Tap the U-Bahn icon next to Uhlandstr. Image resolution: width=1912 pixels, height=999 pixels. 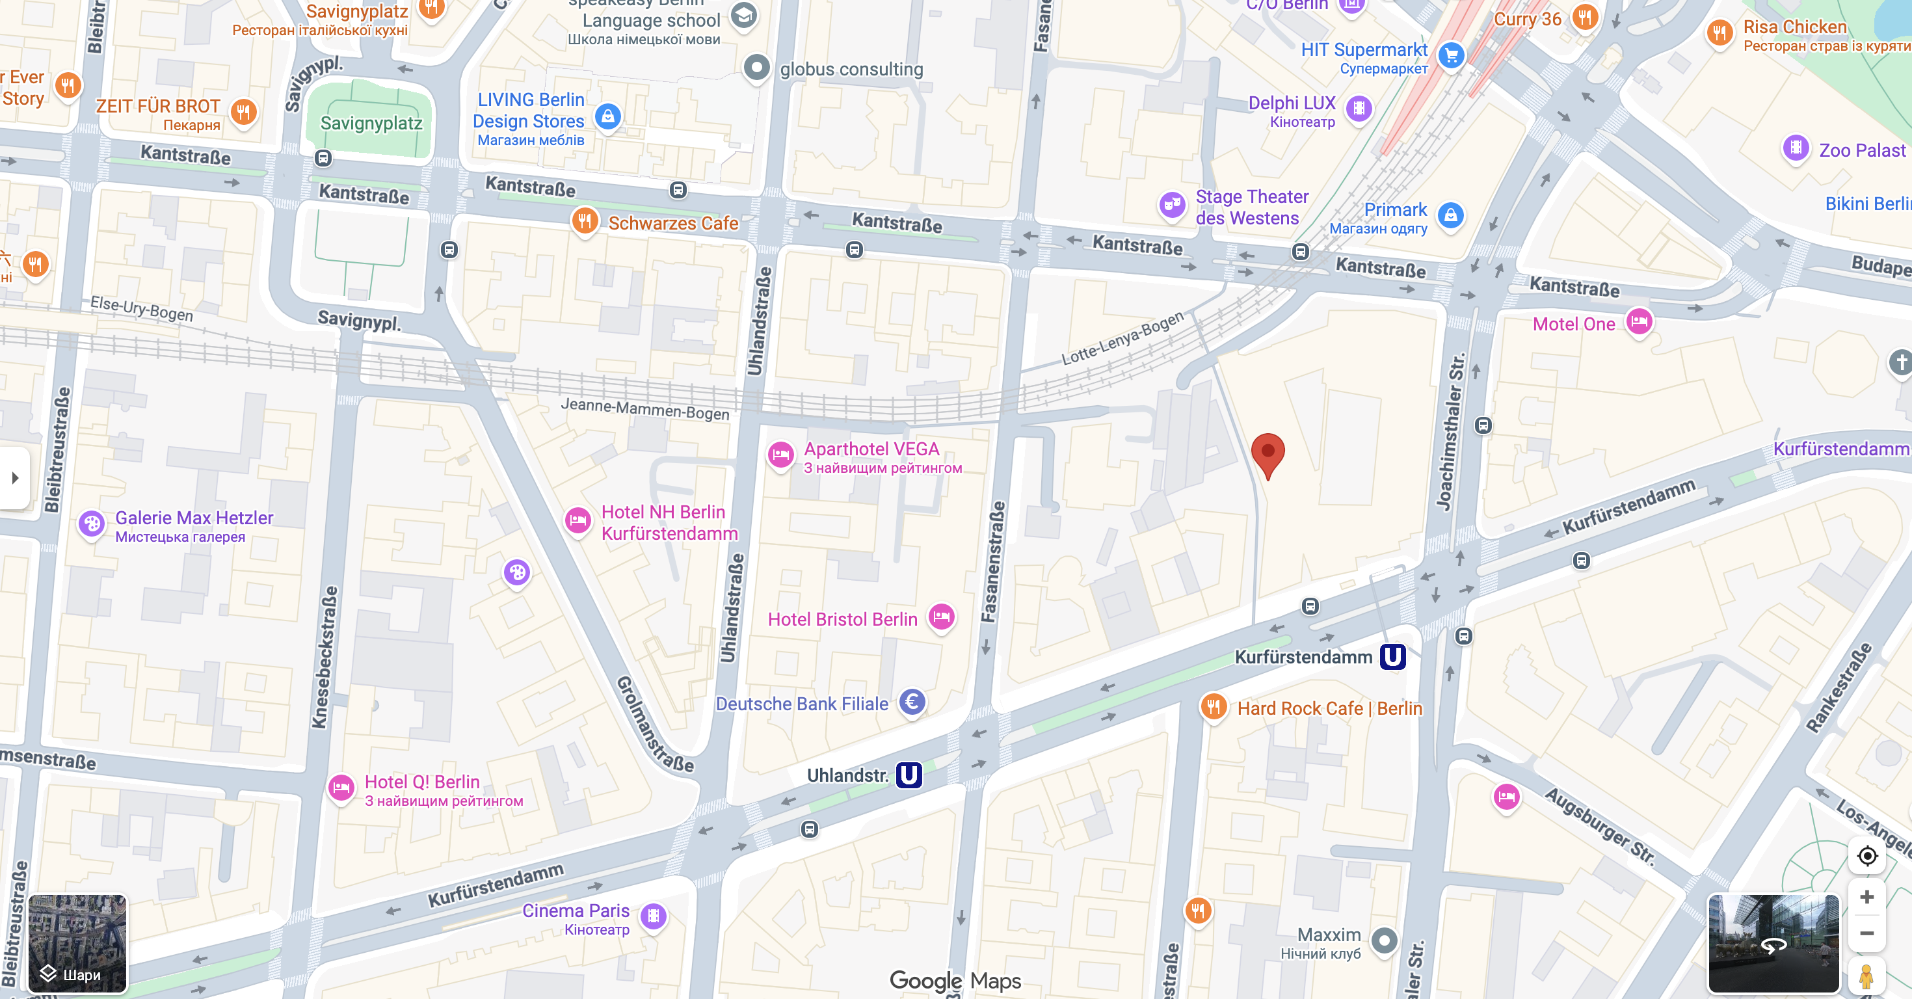[909, 775]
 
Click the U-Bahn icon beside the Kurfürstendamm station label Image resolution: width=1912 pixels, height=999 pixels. [1392, 657]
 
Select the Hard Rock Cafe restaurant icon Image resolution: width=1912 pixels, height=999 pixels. [1214, 708]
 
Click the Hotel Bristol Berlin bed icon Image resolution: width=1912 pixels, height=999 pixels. [942, 617]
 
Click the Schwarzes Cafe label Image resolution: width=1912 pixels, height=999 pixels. [672, 222]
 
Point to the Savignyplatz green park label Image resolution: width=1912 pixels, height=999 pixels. [371, 123]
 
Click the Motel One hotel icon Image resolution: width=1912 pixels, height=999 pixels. [1639, 322]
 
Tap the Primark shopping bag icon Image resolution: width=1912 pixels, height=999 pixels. [1451, 216]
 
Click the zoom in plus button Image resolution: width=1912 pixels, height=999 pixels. [1866, 898]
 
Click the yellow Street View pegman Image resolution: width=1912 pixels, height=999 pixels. [1866, 976]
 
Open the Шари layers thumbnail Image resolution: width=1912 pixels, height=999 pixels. [77, 943]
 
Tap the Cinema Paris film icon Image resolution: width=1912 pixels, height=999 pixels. [653, 916]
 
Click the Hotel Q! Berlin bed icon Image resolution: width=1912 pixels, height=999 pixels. [341, 788]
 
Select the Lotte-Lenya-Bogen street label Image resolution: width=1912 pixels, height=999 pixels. [1122, 338]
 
